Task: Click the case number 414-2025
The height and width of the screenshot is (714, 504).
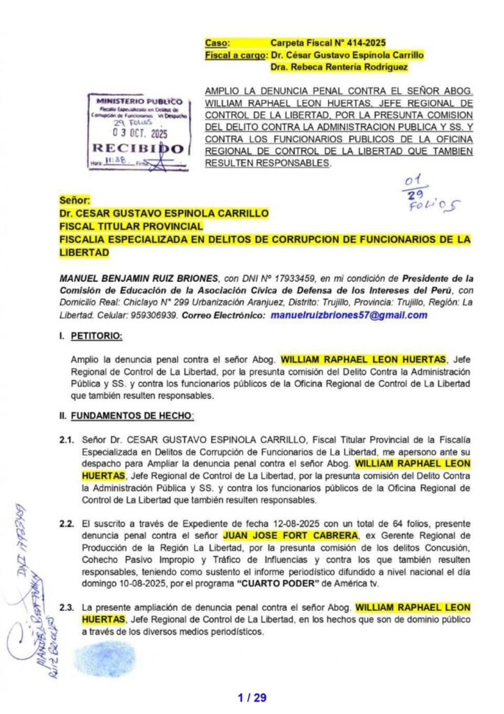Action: click(362, 43)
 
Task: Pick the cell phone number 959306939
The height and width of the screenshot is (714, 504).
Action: click(155, 315)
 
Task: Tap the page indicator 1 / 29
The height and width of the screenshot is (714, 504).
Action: click(252, 697)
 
